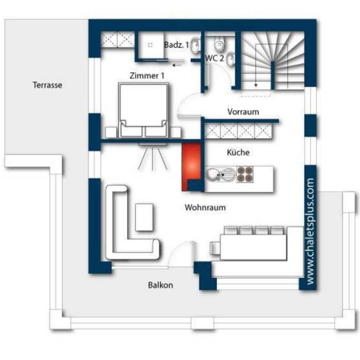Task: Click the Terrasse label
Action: click(x=47, y=85)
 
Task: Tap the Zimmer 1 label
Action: click(x=147, y=75)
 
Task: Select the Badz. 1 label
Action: click(x=176, y=45)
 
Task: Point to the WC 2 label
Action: click(x=214, y=58)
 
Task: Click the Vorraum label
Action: click(x=243, y=112)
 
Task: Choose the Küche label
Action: click(x=238, y=152)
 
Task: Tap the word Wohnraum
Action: click(x=205, y=208)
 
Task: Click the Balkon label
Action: click(x=160, y=285)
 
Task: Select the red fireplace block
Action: click(x=191, y=167)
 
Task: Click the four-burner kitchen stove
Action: click(x=245, y=174)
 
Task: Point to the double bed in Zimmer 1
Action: click(x=143, y=111)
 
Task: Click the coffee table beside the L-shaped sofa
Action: click(x=144, y=217)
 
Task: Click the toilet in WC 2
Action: click(x=219, y=44)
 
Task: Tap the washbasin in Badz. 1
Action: click(x=195, y=45)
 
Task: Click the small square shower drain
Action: click(x=150, y=45)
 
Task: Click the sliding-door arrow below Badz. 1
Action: click(x=177, y=66)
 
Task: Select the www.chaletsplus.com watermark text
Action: click(x=310, y=232)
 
